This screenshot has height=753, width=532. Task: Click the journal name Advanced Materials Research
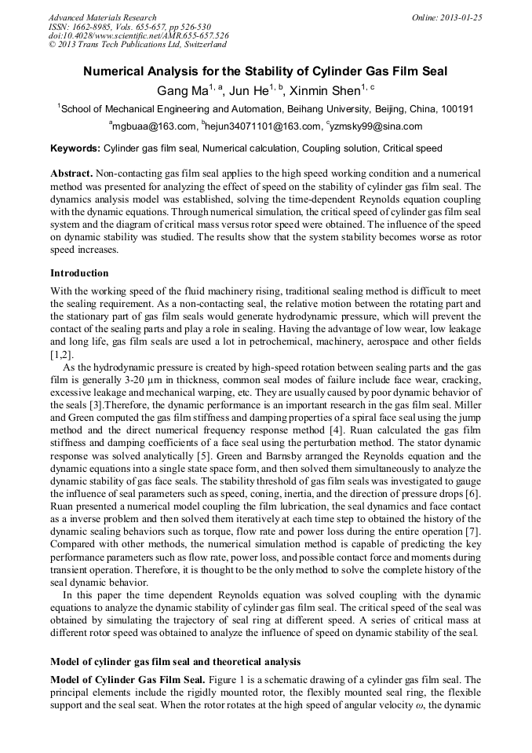pyautogui.click(x=102, y=17)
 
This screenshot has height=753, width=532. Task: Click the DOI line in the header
pyautogui.click(x=138, y=36)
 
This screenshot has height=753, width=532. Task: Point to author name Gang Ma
pyautogui.click(x=182, y=90)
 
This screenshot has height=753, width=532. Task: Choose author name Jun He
pyautogui.click(x=253, y=90)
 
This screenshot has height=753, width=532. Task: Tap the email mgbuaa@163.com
pyautogui.click(x=154, y=126)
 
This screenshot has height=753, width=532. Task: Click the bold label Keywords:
pyautogui.click(x=75, y=148)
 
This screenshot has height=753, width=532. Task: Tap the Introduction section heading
pyautogui.click(x=79, y=273)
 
